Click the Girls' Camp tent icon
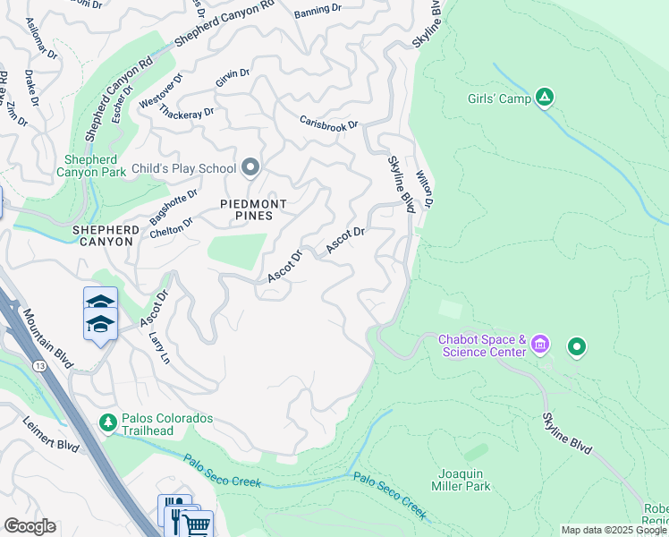pyautogui.click(x=544, y=98)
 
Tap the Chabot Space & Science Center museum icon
pyautogui.click(x=539, y=345)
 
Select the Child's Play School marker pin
pyautogui.click(x=250, y=167)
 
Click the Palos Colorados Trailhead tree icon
pyautogui.click(x=108, y=421)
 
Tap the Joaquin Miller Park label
pyautogui.click(x=464, y=480)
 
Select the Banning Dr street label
pyautogui.click(x=317, y=11)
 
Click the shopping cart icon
pyautogui.click(x=197, y=524)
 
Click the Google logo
pyautogui.click(x=30, y=526)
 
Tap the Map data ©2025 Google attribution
pyautogui.click(x=614, y=530)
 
